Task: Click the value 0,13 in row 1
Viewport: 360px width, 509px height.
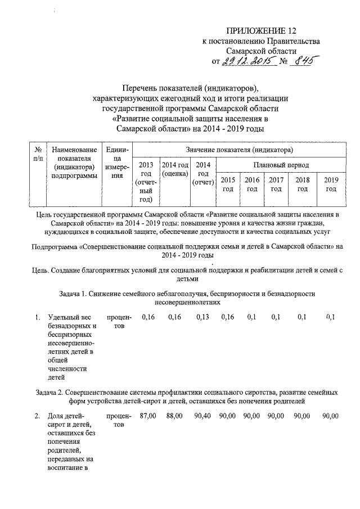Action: click(202, 318)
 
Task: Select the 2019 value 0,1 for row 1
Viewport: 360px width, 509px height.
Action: click(330, 318)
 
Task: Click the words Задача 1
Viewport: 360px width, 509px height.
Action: click(75, 294)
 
